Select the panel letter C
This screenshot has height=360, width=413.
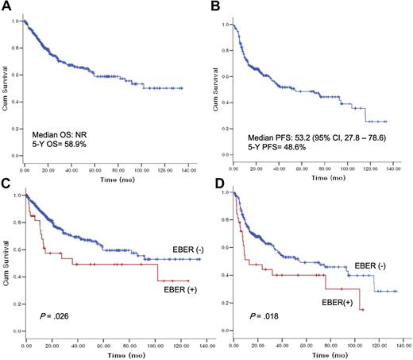pyautogui.click(x=6, y=188)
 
